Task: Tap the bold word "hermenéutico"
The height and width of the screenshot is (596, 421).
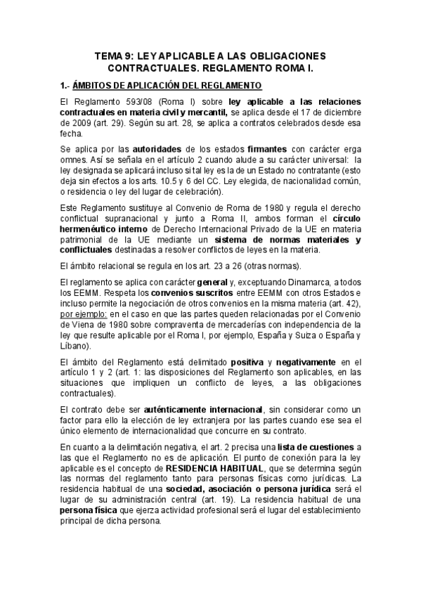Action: tap(91, 231)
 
